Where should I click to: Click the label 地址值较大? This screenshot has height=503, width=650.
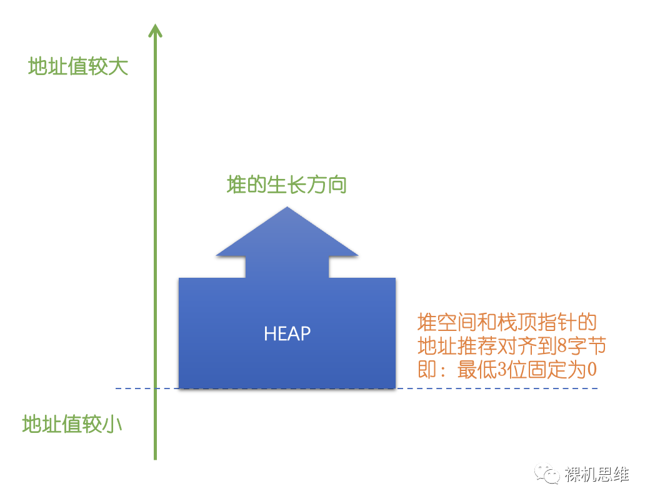click(x=78, y=67)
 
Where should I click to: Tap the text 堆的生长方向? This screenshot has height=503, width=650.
click(x=286, y=185)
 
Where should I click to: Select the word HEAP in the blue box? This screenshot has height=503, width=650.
click(x=287, y=333)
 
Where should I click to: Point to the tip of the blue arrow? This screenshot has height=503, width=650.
click(x=287, y=208)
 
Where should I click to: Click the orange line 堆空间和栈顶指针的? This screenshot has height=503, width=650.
click(x=507, y=323)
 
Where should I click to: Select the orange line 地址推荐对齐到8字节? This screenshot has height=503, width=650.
click(x=512, y=346)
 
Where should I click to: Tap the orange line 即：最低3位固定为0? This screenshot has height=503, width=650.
click(x=507, y=369)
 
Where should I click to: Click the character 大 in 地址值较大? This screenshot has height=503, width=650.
click(x=118, y=67)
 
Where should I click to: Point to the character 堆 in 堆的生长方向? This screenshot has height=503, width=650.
click(x=236, y=185)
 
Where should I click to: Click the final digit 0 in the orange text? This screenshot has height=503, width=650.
click(x=592, y=370)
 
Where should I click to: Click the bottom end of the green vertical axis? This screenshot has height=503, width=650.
click(x=155, y=458)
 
